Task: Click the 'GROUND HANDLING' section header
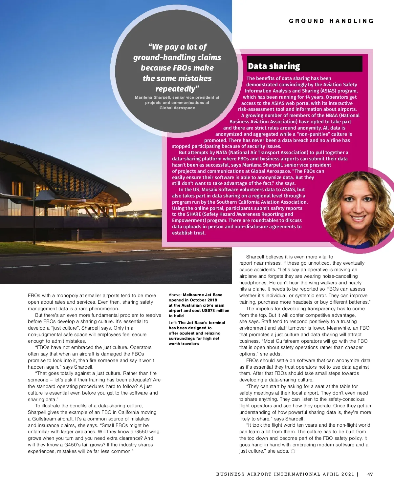(x=331, y=21)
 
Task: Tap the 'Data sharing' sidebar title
(x=274, y=66)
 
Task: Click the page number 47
(x=370, y=474)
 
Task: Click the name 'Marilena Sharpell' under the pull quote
(x=152, y=97)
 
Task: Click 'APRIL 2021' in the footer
(x=339, y=474)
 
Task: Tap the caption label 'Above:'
(x=175, y=295)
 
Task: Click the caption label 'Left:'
(x=173, y=323)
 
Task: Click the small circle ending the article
(x=293, y=451)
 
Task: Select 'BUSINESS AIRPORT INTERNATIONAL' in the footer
(x=268, y=474)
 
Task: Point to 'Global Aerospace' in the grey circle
(x=177, y=108)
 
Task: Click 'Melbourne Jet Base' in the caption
(x=203, y=295)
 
